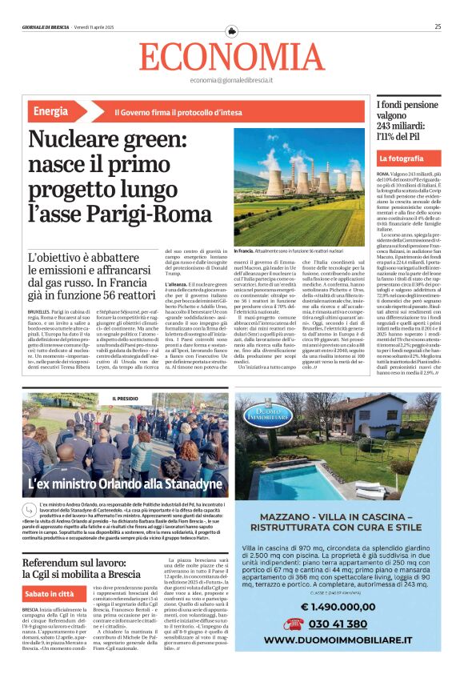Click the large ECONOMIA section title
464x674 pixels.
(x=231, y=56)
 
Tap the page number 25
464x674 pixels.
(x=438, y=26)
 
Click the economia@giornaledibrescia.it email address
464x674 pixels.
(x=231, y=81)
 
